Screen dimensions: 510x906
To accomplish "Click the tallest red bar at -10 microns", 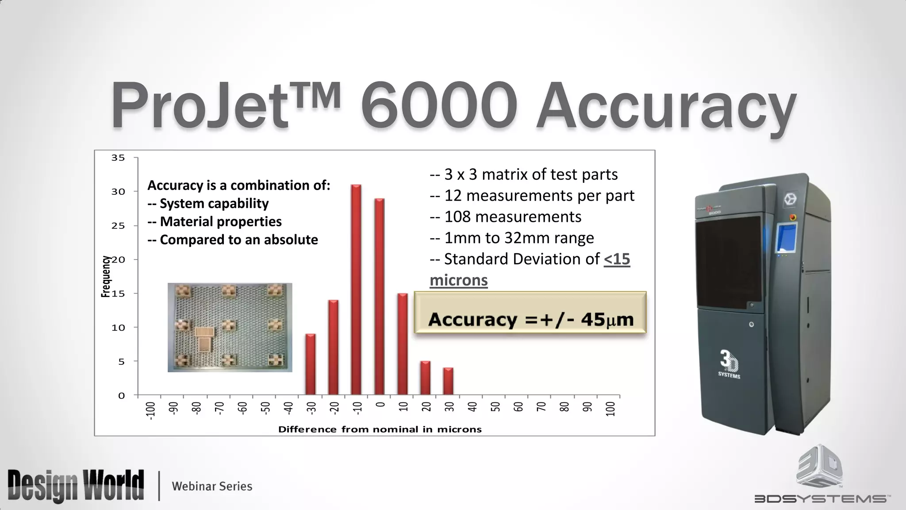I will (356, 290).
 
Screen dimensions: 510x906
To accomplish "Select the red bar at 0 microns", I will (379, 297).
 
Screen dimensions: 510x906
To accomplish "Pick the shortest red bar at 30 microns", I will (448, 381).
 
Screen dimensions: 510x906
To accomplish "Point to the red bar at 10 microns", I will (402, 344).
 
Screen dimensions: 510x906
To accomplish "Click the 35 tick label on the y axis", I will (118, 158).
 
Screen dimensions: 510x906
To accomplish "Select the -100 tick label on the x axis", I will (150, 410).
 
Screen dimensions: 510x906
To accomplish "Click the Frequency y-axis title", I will (106, 277).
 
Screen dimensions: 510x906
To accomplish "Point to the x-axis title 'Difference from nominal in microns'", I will (380, 429).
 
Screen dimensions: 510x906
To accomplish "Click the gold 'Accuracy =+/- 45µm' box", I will (530, 313).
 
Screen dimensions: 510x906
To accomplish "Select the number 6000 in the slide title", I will (439, 106).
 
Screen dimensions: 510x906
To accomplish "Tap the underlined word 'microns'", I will (459, 280).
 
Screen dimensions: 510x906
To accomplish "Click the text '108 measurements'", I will (512, 217).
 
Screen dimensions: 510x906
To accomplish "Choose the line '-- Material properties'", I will (215, 221).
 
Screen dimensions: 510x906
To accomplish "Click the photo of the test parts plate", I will (230, 328).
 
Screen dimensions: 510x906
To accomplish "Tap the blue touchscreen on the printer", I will (787, 238).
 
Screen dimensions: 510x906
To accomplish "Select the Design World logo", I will (76, 486).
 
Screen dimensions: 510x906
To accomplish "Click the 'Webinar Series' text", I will (212, 487).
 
